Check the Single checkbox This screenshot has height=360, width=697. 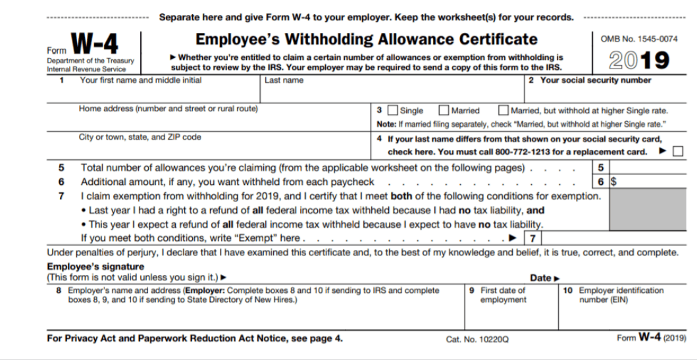(x=393, y=111)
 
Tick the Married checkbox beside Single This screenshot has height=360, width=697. (x=444, y=111)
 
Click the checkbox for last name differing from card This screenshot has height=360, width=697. (x=678, y=151)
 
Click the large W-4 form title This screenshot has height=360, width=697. (x=95, y=45)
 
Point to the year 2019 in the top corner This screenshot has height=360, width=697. (x=639, y=61)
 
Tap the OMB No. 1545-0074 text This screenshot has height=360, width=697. (x=639, y=39)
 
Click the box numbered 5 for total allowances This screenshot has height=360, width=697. (x=600, y=168)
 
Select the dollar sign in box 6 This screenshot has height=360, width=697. (x=614, y=182)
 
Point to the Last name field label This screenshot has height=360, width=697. (x=284, y=81)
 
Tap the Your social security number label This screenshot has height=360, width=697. (x=596, y=81)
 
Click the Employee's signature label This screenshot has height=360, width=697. (x=95, y=267)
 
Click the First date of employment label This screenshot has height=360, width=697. (x=503, y=295)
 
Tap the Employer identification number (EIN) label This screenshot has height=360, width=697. (x=621, y=295)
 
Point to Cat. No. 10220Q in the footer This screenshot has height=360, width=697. (x=477, y=340)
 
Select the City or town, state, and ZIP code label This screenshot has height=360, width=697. (x=140, y=138)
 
